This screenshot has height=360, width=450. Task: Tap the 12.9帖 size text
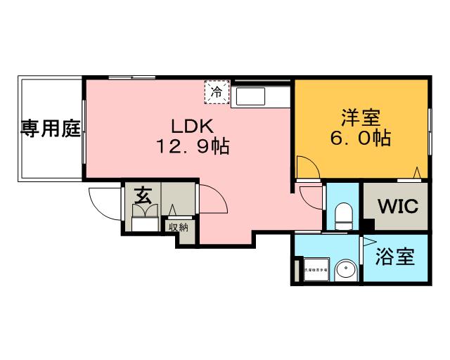[189, 148]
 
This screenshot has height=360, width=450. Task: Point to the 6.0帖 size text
[360, 138]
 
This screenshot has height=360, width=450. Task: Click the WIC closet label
[398, 207]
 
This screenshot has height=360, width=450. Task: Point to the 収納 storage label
[178, 227]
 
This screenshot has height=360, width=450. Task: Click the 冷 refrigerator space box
[217, 91]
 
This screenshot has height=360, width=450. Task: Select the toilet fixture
[343, 214]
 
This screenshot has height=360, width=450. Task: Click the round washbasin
[346, 269]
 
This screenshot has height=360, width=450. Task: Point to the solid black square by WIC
[368, 226]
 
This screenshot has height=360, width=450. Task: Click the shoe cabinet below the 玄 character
[146, 224]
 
